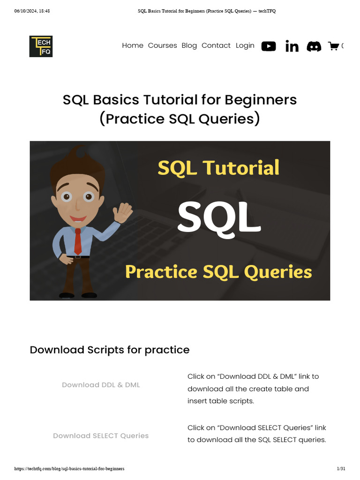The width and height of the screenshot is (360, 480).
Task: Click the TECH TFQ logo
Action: pyautogui.click(x=41, y=46)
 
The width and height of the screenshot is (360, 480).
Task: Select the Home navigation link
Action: pyautogui.click(x=133, y=45)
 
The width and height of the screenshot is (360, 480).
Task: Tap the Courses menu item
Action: pyautogui.click(x=162, y=45)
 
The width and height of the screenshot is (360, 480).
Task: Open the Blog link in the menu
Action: pyautogui.click(x=189, y=45)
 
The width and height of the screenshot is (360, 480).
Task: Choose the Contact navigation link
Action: pyautogui.click(x=216, y=45)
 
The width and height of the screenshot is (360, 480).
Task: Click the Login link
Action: pyautogui.click(x=245, y=45)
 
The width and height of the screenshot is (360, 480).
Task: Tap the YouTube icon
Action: pyautogui.click(x=269, y=46)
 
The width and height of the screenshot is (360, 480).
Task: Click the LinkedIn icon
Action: pyautogui.click(x=292, y=46)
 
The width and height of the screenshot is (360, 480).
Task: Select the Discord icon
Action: pyautogui.click(x=314, y=46)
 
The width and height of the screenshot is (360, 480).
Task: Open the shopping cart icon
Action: pyautogui.click(x=333, y=46)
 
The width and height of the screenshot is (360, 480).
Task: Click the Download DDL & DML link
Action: pyautogui.click(x=101, y=385)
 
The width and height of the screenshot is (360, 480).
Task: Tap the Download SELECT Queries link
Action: pyautogui.click(x=101, y=435)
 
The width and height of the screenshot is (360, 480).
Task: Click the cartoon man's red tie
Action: pyautogui.click(x=78, y=241)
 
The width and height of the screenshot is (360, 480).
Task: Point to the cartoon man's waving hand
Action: pyautogui.click(x=122, y=212)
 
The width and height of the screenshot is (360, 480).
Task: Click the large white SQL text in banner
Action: pyautogui.click(x=219, y=218)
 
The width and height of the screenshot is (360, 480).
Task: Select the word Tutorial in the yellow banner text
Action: pyautogui.click(x=241, y=168)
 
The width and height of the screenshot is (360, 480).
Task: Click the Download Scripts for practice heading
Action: pyautogui.click(x=110, y=350)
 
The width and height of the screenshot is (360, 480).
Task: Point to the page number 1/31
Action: pyautogui.click(x=341, y=469)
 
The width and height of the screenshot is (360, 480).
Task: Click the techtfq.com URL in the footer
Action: pyautogui.click(x=69, y=469)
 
